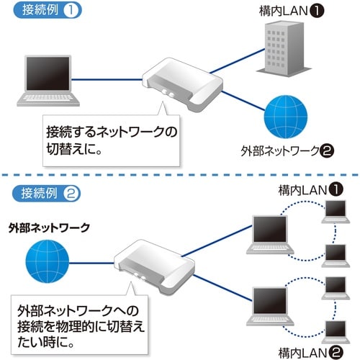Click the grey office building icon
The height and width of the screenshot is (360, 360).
[288, 48]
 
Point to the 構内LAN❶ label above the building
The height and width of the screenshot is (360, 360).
[294, 12]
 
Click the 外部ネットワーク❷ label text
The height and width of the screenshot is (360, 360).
[287, 152]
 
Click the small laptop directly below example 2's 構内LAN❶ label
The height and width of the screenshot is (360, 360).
[336, 211]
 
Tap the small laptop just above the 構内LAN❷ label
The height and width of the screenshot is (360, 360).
[336, 330]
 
